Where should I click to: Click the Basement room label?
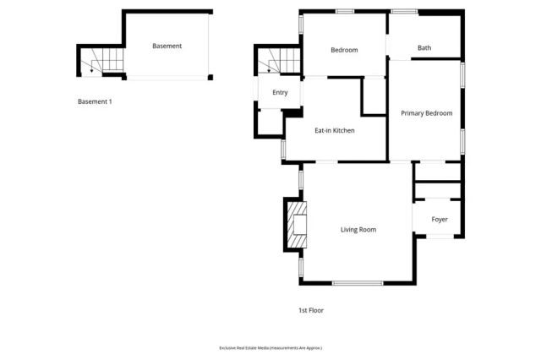167,46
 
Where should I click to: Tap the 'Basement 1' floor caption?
95,101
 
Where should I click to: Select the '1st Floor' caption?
310,310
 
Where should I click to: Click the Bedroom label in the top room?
344,50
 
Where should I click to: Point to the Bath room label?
424,48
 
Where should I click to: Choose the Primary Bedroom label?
426,113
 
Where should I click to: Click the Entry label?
280,93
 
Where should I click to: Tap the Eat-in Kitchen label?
334,131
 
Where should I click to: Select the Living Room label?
358,229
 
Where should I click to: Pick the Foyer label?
440,220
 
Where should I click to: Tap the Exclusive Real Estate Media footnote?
270,347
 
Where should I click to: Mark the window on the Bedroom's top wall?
344,11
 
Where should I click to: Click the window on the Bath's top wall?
404,11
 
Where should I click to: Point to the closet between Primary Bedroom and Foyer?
437,181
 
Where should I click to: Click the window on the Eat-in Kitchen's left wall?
283,149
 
